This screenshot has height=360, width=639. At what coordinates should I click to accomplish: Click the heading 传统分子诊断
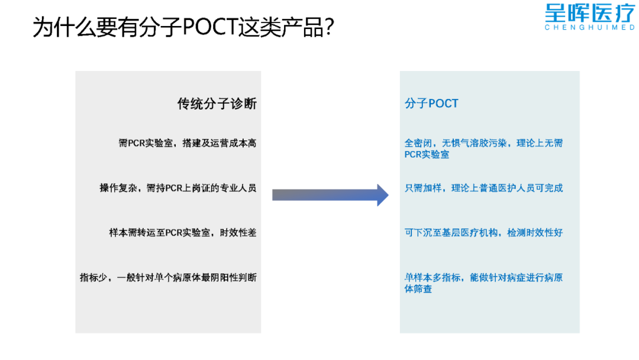(x=217, y=104)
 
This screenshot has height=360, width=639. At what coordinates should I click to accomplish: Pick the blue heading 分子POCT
(x=431, y=104)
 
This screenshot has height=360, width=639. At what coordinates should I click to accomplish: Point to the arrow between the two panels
(x=330, y=195)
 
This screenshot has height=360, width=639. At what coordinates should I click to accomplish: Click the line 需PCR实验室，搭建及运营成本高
(x=188, y=143)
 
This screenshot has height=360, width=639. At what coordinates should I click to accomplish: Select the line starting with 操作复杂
(x=178, y=188)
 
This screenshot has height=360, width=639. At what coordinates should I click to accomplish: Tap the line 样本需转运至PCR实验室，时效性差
(x=183, y=233)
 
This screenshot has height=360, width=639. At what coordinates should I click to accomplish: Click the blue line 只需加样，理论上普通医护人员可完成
(x=483, y=188)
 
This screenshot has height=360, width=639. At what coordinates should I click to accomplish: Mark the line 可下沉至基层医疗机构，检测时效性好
(x=483, y=233)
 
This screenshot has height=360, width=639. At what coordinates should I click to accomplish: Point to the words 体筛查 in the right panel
(x=418, y=290)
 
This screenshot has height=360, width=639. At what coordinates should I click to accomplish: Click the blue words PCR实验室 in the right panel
(x=427, y=155)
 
